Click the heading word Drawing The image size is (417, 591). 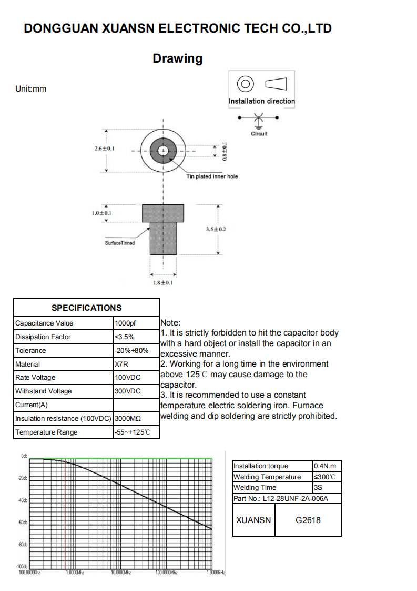[x=177, y=58]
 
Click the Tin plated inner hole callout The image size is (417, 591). [x=212, y=176]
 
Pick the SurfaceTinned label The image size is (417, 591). [x=120, y=243]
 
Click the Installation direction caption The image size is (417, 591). [x=262, y=101]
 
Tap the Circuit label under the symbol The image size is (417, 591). [x=259, y=134]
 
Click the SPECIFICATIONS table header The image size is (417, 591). [x=86, y=308]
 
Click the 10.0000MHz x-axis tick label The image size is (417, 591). [x=120, y=572]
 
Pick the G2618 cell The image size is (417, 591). [x=308, y=520]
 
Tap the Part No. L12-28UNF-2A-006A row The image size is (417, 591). [x=280, y=498]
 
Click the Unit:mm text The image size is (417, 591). [x=31, y=88]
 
